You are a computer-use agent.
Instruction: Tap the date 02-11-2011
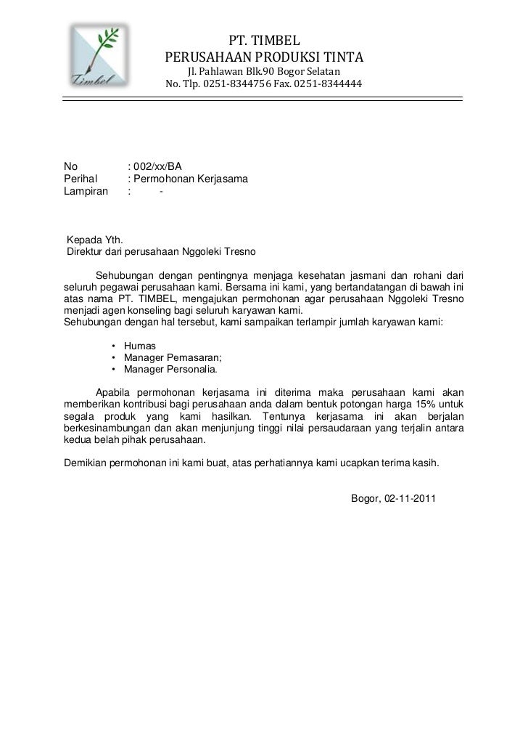(x=410, y=499)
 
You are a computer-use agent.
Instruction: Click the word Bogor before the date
(x=366, y=499)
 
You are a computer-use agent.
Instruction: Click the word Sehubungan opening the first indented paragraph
(x=125, y=276)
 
